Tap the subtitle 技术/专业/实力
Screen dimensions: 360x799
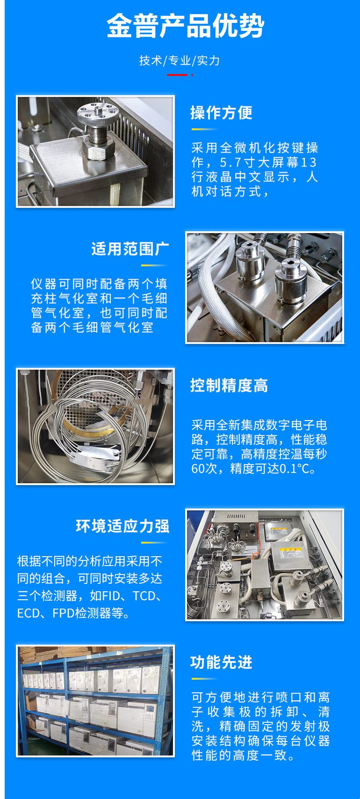[179, 61]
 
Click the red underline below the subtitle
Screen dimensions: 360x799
[177, 75]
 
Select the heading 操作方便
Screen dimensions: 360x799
[221, 113]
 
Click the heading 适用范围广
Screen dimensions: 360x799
[130, 249]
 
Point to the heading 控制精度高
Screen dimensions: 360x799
[229, 385]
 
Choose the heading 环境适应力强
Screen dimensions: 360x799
[122, 526]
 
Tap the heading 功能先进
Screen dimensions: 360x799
[221, 662]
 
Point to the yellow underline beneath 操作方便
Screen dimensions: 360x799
[204, 129]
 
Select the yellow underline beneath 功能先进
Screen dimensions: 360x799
[204, 679]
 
